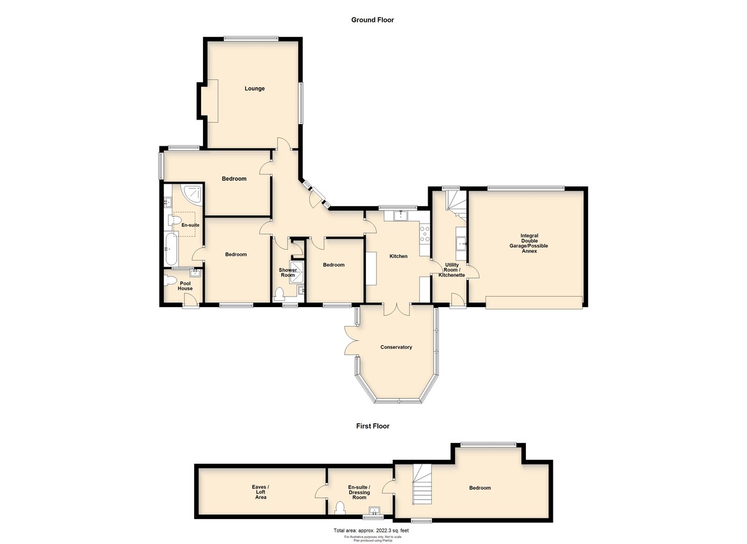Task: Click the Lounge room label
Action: coord(255,88)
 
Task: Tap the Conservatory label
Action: coord(396,347)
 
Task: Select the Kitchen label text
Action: coord(398,256)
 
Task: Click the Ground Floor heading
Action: coord(372,20)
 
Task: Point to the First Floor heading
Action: coord(373,426)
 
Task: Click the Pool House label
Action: coord(185,286)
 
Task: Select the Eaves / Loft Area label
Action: coord(260,492)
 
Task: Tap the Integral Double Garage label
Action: coord(529,243)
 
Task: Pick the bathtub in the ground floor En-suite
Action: coord(171,249)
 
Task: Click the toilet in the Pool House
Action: coord(170,280)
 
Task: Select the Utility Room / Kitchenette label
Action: coord(452,270)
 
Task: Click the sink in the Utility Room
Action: coord(461,243)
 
